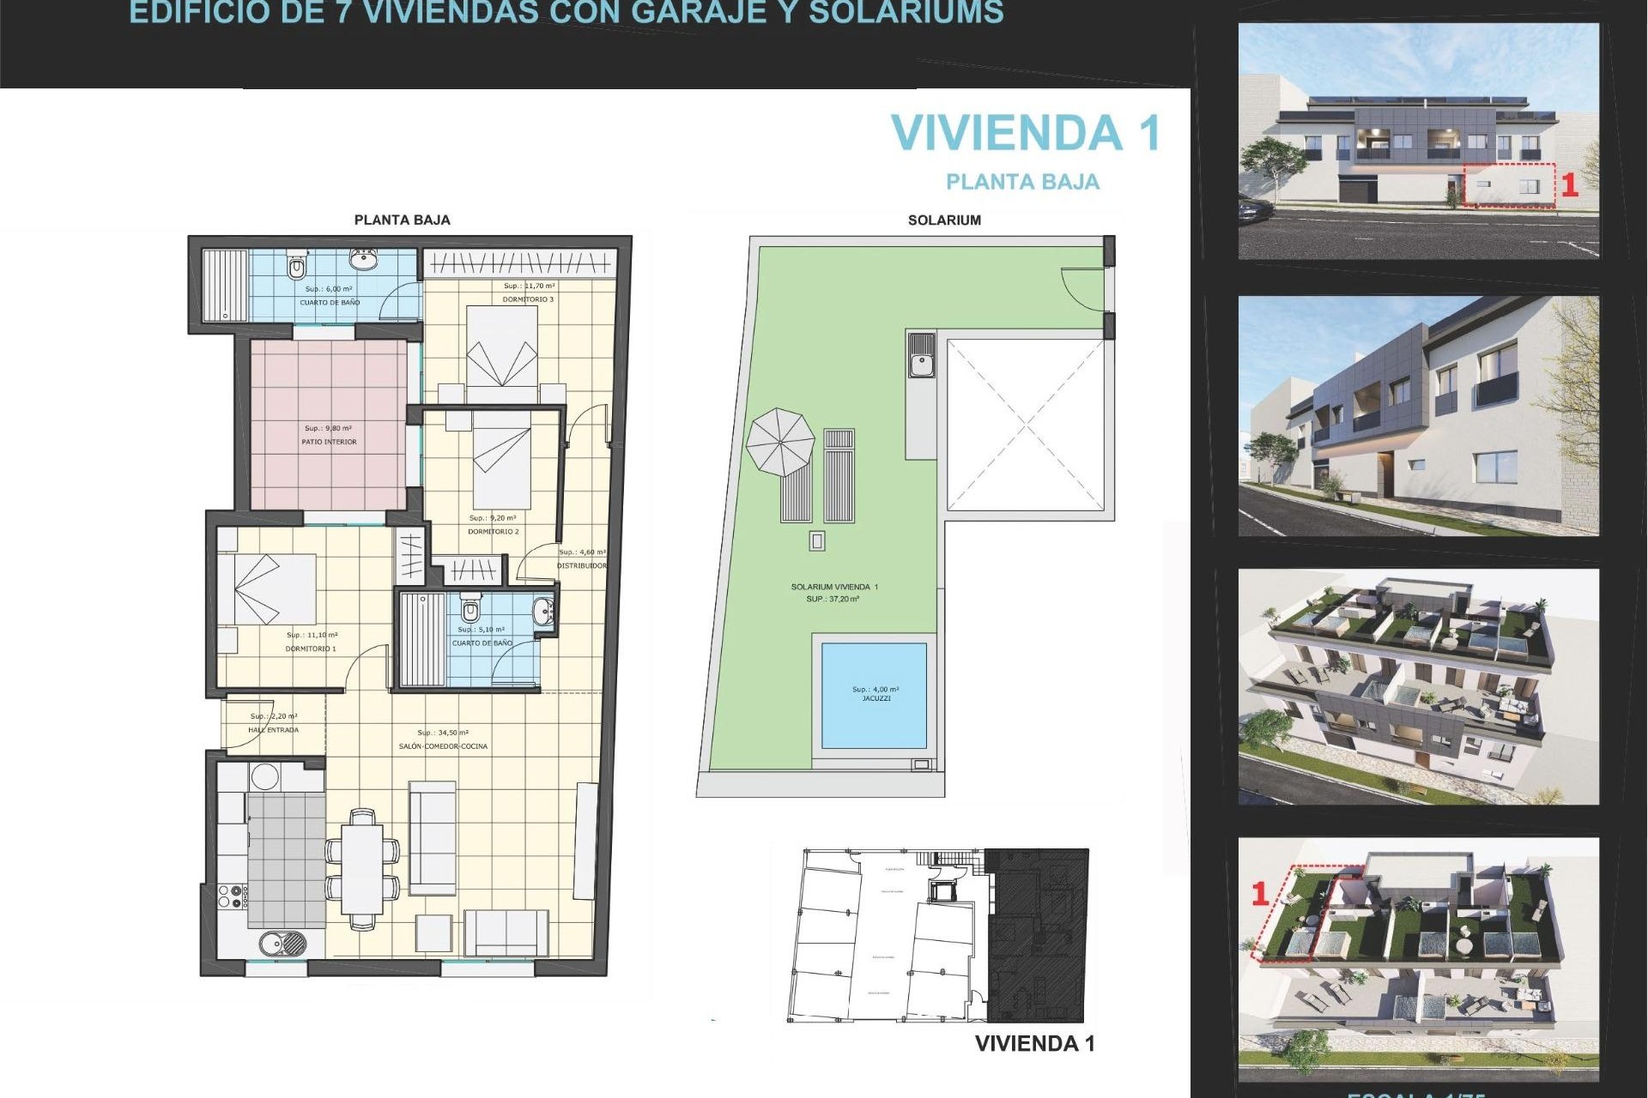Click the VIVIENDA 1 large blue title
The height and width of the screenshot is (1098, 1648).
coord(1026,133)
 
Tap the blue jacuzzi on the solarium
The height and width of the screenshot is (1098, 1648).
coord(874,696)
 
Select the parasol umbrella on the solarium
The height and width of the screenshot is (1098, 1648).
coord(779,443)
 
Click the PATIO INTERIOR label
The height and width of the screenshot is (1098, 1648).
coord(329,442)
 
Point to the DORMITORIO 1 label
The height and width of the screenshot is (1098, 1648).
coord(311,649)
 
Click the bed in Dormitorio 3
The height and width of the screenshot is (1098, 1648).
coord(502,347)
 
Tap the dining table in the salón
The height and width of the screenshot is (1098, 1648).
coord(362,868)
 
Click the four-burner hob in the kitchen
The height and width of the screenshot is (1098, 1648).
coord(233,897)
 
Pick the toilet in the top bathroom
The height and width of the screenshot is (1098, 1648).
coord(297,267)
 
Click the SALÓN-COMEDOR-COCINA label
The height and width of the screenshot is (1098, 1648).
coord(443,746)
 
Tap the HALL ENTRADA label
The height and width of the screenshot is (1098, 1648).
coord(273,730)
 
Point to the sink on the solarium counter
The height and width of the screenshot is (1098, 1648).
coord(922,354)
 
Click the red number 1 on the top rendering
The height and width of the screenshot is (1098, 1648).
coord(1569,185)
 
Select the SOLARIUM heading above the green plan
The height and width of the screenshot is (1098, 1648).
coord(944,220)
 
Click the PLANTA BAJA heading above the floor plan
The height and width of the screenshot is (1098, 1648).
coord(402,220)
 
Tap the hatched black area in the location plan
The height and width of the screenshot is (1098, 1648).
coord(1037,935)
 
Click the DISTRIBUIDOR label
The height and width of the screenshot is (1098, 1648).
coord(581,566)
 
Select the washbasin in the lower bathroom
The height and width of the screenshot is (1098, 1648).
coord(543,612)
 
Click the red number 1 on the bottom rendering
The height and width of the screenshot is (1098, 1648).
coord(1260,894)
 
